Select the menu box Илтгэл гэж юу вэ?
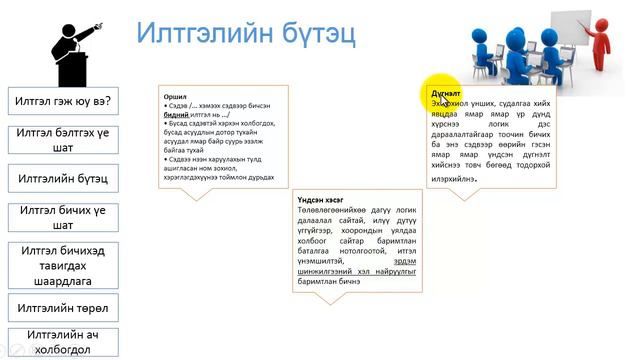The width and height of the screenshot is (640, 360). [62, 102]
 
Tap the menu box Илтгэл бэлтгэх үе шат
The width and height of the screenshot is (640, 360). [62, 140]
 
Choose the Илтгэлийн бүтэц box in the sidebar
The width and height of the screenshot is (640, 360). [62, 180]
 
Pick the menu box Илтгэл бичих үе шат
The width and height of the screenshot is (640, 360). [62, 217]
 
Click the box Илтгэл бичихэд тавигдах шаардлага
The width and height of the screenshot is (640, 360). [62, 265]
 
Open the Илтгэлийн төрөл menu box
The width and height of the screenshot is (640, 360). [62, 308]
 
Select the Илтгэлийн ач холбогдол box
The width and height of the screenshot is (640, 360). [62, 342]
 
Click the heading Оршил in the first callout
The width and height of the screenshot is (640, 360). [175, 97]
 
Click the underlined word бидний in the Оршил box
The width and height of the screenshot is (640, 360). [177, 115]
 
